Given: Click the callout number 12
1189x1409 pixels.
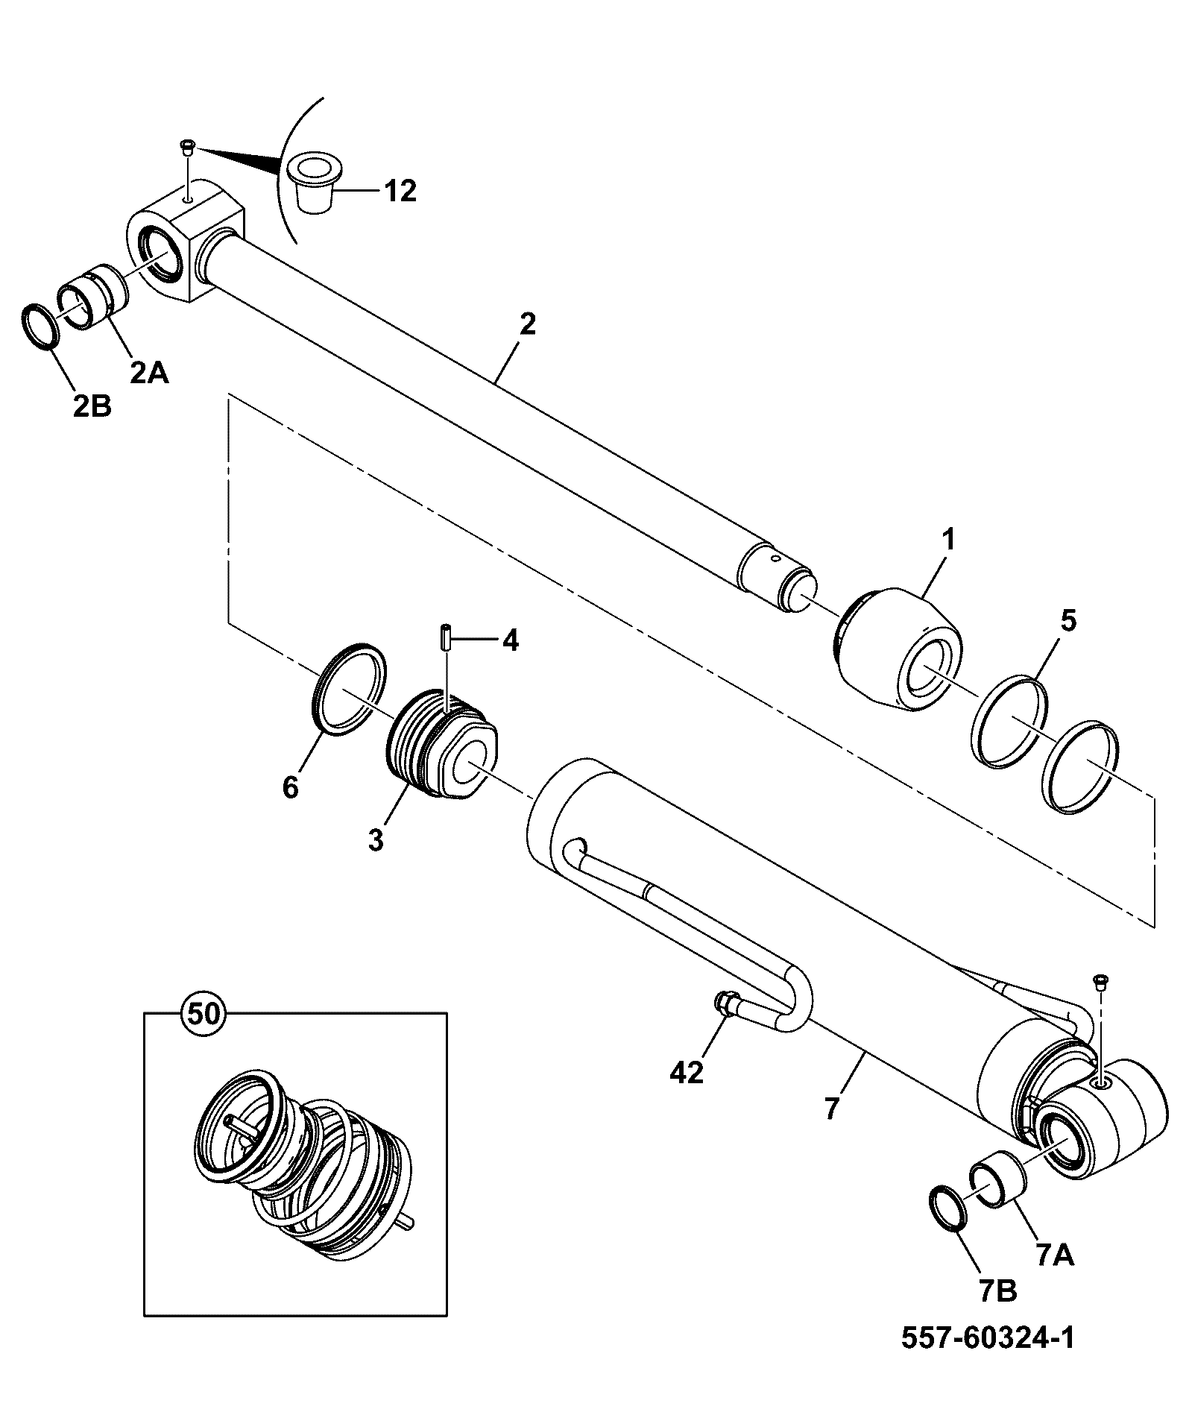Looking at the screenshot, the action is click(400, 192).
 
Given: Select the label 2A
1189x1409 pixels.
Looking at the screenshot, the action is click(149, 372).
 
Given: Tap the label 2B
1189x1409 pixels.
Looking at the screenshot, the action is click(92, 407).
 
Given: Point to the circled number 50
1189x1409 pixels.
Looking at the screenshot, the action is click(204, 1014).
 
